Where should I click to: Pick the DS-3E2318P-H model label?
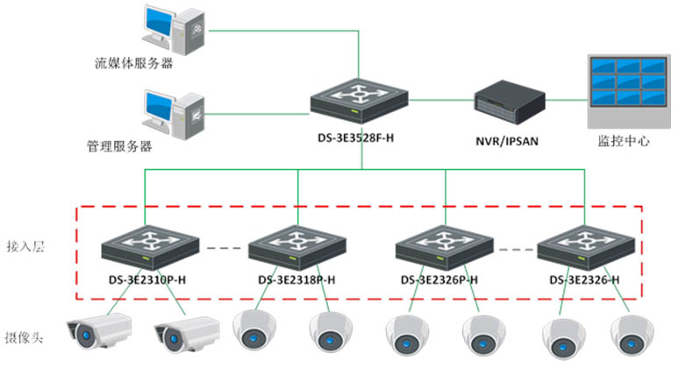297,280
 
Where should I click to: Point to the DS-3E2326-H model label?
585,280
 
